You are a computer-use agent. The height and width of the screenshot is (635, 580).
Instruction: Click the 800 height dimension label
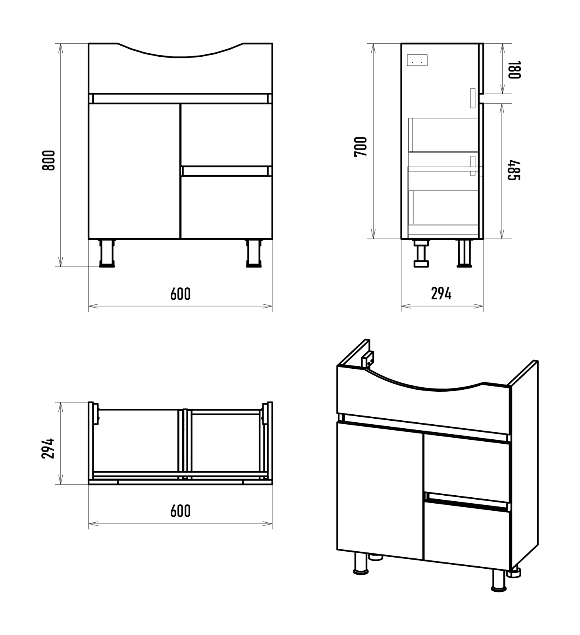tap(48, 160)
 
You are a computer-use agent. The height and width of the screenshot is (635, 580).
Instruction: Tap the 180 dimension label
tap(514, 70)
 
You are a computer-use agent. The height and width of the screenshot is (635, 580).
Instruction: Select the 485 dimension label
tap(514, 170)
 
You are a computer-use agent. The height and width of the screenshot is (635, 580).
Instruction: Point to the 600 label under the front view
tap(180, 294)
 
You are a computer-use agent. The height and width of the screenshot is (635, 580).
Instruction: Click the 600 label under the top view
tap(180, 511)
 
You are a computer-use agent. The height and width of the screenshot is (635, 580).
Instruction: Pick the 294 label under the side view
tap(441, 294)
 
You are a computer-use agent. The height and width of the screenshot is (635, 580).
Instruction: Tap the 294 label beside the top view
tap(48, 448)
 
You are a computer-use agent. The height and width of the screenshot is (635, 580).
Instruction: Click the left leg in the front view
tap(106, 253)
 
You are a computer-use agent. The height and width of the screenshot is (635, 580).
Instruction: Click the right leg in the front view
tap(254, 253)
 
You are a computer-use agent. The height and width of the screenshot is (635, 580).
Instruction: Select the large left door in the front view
tap(135, 171)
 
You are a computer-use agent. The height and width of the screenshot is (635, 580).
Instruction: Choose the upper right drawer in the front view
tap(226, 135)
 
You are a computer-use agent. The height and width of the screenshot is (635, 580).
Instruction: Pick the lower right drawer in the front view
tap(226, 208)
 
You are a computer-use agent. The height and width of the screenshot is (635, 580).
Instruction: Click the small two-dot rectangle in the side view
tap(417, 61)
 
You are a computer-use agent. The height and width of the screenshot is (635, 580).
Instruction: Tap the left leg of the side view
tap(422, 253)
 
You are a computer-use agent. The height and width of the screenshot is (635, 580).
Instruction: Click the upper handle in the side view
tap(472, 98)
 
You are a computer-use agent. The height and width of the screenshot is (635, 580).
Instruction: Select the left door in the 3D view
tap(380, 490)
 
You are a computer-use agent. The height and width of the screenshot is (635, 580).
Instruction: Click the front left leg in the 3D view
tap(361, 563)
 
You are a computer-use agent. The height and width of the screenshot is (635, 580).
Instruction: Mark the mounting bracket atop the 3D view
tap(368, 360)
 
